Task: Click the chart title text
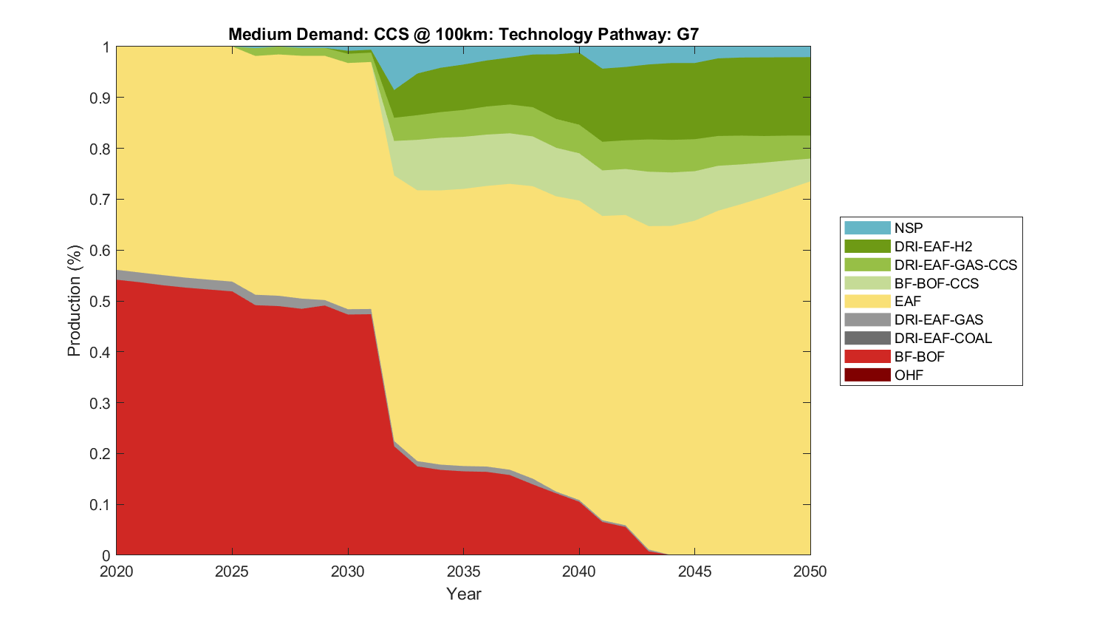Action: (463, 34)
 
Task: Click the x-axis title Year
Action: (463, 594)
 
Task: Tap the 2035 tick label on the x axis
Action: (463, 572)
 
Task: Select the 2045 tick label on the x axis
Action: (694, 572)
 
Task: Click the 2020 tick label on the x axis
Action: (117, 572)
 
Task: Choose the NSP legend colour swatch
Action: (867, 228)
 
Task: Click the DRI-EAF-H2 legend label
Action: (933, 246)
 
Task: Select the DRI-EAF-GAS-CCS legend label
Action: (955, 265)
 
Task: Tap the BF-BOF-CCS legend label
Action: (936, 283)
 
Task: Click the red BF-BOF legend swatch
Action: (867, 356)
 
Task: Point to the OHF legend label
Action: (909, 375)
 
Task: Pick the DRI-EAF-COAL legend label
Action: (943, 338)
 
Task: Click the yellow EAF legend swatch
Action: (867, 301)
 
